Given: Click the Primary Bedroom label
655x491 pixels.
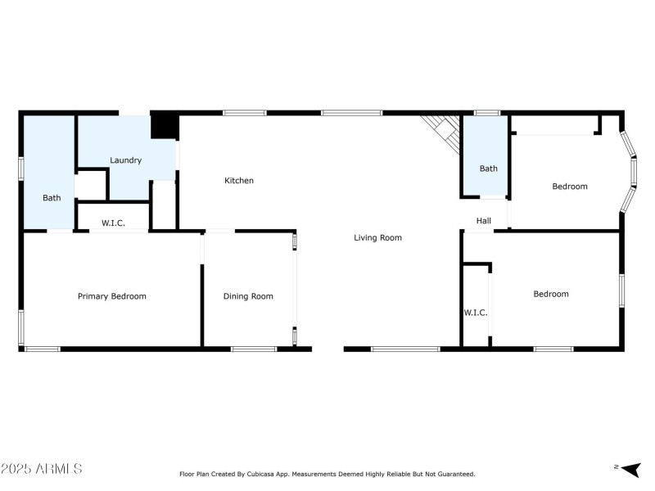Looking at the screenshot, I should pyautogui.click(x=112, y=296).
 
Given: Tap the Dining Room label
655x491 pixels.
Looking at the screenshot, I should pyautogui.click(x=248, y=296).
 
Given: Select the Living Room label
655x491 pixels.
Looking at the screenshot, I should pyautogui.click(x=377, y=238).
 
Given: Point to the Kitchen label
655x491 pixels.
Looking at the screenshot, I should pyautogui.click(x=239, y=181).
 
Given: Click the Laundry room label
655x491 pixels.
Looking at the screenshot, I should pyautogui.click(x=126, y=160).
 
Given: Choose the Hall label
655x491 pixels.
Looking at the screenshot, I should pyautogui.click(x=484, y=221).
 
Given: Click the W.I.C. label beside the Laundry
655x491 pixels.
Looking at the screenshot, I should pyautogui.click(x=113, y=223).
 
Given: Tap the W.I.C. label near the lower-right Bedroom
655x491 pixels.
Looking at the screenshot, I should pyautogui.click(x=475, y=313).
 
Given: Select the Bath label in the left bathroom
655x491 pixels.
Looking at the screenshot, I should pyautogui.click(x=52, y=198).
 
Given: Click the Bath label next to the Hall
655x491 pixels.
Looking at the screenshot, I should pyautogui.click(x=488, y=169).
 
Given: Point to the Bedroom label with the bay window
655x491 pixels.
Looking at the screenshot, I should pyautogui.click(x=569, y=187).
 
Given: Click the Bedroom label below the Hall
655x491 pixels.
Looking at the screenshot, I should pyautogui.click(x=550, y=295).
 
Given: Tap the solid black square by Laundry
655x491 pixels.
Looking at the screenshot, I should pyautogui.click(x=165, y=126).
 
